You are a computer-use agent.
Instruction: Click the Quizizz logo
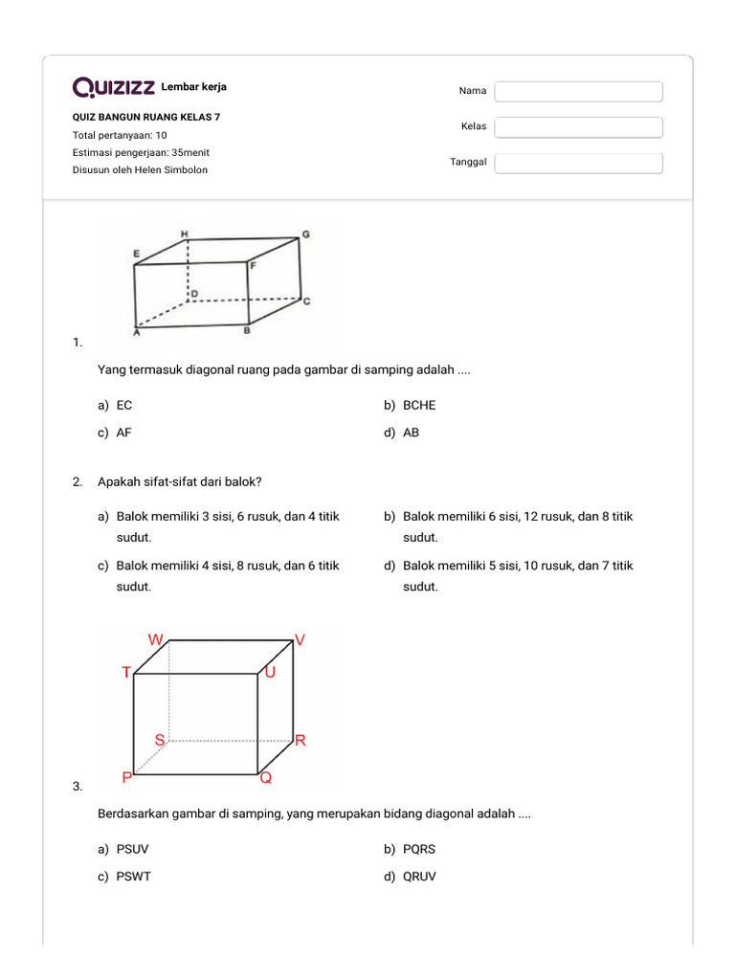(114, 88)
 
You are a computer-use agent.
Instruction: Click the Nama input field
(579, 91)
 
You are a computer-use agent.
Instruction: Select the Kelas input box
(579, 127)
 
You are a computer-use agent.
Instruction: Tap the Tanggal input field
(579, 163)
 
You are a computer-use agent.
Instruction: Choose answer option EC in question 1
(124, 405)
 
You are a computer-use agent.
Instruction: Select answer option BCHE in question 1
(419, 405)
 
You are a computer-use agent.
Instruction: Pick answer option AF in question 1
(124, 433)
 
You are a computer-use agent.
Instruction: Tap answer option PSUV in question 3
(133, 849)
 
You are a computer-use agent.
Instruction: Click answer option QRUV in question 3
(420, 877)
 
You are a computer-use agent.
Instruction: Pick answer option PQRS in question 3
(419, 849)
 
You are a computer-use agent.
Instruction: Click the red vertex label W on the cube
(155, 638)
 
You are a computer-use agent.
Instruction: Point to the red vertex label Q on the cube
(266, 778)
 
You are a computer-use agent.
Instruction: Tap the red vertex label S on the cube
(160, 740)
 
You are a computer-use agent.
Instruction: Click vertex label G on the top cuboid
(305, 233)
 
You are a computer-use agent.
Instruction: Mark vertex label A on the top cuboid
(137, 333)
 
